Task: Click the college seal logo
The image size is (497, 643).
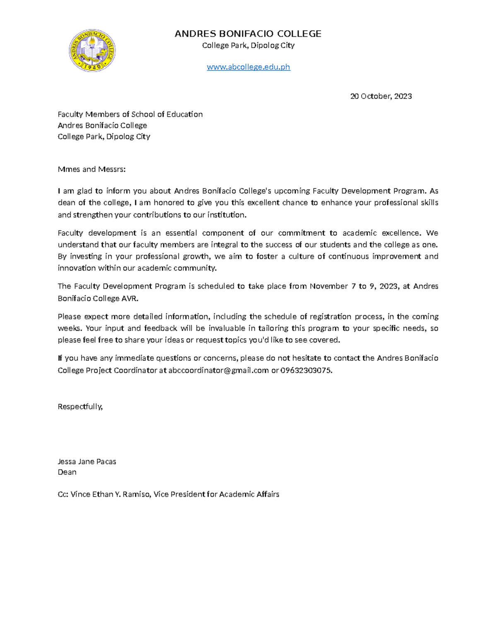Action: click(92, 51)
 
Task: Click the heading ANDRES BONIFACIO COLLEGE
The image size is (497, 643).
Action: click(248, 34)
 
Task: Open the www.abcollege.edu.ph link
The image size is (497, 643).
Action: click(248, 67)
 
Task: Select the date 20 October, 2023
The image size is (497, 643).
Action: click(381, 96)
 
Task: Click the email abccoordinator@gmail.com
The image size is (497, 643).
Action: click(218, 370)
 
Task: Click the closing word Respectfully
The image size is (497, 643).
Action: click(80, 407)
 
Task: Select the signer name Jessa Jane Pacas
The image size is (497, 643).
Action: click(87, 462)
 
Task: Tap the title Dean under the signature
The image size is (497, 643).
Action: click(67, 472)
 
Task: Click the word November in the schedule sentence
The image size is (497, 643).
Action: click(328, 287)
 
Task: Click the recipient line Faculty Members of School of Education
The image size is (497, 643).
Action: click(130, 114)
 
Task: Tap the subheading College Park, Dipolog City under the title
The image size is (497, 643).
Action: click(248, 46)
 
